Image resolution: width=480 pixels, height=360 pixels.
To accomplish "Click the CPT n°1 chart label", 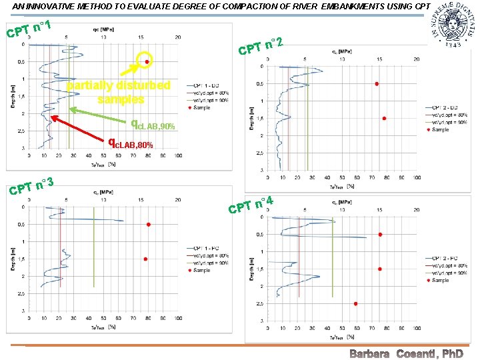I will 29,29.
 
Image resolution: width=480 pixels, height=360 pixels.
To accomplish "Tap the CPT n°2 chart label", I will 262,47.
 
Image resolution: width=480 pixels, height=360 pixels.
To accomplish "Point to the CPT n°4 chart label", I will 251,205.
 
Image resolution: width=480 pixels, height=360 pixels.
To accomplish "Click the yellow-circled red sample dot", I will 147,61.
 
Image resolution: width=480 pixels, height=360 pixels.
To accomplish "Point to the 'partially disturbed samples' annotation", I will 119,92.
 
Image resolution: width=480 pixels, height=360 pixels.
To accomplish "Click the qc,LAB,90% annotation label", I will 153,124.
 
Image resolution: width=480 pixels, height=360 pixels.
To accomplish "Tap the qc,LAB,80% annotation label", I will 131,143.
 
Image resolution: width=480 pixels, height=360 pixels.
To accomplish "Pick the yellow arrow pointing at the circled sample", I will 131,72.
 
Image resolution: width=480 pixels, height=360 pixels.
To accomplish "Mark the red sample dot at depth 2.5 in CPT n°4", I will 355,303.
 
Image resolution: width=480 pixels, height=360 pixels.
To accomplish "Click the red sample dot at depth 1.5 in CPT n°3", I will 145,259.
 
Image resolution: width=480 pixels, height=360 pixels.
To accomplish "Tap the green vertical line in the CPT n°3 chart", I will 93,247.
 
